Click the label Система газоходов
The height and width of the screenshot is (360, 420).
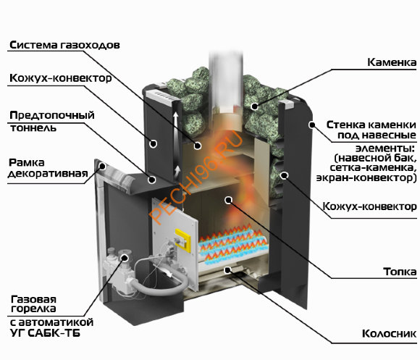click(64, 45)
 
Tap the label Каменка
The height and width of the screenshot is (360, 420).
click(392, 62)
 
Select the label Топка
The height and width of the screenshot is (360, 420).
click(400, 272)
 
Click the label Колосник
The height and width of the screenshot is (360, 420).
click(389, 334)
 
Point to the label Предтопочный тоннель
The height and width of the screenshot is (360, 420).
click(52, 122)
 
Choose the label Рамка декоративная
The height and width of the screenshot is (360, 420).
click(49, 168)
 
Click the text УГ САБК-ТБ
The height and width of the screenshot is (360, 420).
click(45, 333)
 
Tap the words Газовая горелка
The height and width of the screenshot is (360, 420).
click(33, 304)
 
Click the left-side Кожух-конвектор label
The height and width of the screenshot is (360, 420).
click(61, 78)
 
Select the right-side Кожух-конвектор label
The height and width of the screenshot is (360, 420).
click(369, 206)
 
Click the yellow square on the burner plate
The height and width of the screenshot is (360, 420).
click(182, 240)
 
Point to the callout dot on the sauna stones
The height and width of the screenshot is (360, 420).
click(254, 106)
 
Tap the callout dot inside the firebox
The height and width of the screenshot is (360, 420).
click(228, 200)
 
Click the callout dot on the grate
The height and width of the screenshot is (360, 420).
click(227, 270)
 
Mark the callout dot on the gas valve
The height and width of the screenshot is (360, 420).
click(125, 258)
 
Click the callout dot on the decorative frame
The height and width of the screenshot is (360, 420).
click(102, 166)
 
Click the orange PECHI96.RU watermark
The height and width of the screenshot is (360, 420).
click(196, 177)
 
